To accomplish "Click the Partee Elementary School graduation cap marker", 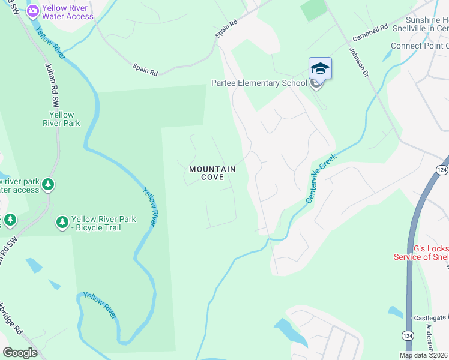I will [320, 70].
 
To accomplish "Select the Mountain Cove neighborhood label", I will [212, 173].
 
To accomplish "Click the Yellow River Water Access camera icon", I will [33, 10].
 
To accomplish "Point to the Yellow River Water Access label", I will [67, 13].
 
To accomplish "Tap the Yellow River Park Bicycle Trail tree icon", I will [62, 223].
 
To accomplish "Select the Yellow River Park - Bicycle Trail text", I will [104, 223].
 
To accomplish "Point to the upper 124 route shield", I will [442, 170].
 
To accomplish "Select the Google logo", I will [20, 353].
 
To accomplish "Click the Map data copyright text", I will [423, 355].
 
